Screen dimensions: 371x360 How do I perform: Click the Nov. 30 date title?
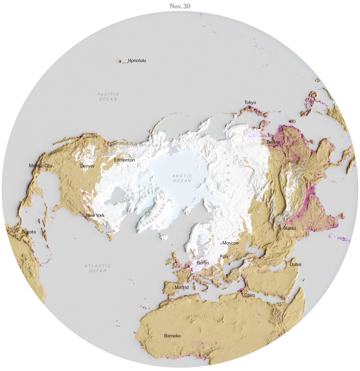(180, 7)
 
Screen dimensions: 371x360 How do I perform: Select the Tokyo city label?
(250, 103)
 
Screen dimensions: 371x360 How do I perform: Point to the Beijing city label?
(273, 142)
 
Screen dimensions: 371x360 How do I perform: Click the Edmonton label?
(124, 160)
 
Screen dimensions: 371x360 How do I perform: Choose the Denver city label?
(87, 166)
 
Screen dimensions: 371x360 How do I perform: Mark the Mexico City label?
(41, 166)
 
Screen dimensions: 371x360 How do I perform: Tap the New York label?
(95, 215)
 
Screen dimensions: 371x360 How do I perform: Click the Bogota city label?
(29, 232)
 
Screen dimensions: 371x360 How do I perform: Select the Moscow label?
(231, 243)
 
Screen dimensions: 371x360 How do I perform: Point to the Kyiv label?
(224, 256)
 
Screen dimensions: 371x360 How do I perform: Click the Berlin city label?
(203, 263)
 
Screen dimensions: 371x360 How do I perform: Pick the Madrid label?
(182, 287)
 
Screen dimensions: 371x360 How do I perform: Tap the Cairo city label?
(250, 295)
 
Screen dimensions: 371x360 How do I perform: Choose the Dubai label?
(296, 264)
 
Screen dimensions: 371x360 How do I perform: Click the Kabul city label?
(290, 228)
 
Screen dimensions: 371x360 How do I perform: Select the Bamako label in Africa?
(172, 336)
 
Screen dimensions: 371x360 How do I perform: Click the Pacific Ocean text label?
(108, 97)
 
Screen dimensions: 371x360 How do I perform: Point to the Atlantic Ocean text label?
(98, 268)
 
